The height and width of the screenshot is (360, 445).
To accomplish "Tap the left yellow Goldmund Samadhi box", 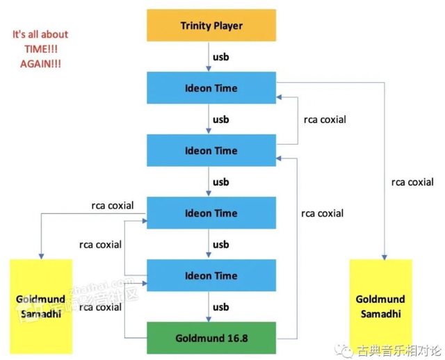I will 41,306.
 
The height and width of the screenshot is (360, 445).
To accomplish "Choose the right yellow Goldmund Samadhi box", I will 380,306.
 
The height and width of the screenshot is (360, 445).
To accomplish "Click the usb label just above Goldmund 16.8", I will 220,306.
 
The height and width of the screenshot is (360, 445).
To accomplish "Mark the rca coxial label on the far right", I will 412,182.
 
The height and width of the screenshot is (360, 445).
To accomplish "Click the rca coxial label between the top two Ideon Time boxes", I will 325,120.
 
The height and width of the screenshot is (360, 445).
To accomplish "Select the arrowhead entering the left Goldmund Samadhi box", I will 41,256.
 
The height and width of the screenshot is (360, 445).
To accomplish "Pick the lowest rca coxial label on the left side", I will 99,306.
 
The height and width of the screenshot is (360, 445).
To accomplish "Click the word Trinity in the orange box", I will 195,26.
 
